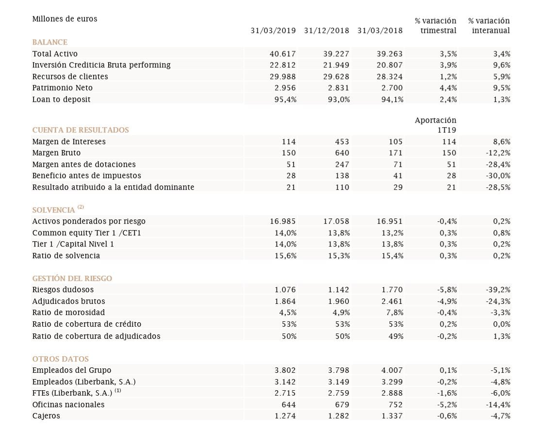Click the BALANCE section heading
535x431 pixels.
click(x=50, y=42)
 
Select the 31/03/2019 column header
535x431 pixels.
click(x=273, y=31)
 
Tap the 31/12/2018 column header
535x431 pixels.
click(x=326, y=31)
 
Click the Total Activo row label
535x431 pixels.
click(x=55, y=54)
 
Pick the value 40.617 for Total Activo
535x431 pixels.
click(x=283, y=54)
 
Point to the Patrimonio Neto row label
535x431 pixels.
click(x=63, y=88)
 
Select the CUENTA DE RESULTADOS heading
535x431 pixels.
click(x=81, y=130)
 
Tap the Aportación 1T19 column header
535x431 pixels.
click(x=436, y=125)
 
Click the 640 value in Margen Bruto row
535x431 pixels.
click(x=342, y=153)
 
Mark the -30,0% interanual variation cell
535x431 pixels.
click(x=498, y=176)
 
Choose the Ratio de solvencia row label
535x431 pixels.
click(x=66, y=255)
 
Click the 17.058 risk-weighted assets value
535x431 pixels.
click(x=336, y=221)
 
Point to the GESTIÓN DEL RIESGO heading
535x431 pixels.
click(x=72, y=279)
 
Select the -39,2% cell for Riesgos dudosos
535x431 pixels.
click(x=498, y=290)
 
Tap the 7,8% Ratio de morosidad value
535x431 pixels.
click(x=393, y=313)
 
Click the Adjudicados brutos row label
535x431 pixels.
click(x=68, y=301)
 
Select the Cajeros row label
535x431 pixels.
click(x=46, y=416)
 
